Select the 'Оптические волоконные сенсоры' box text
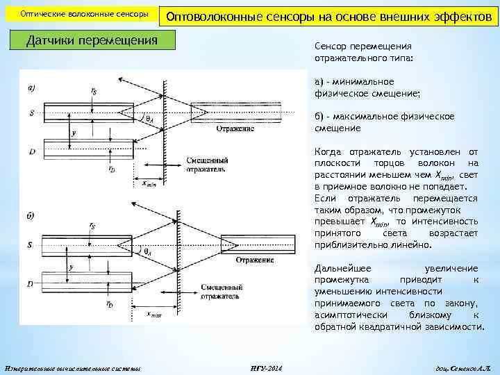[x=84, y=15]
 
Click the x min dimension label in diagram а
[x=151, y=184]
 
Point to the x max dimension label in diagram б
[x=153, y=314]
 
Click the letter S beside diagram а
[x=32, y=111]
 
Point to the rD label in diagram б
[x=110, y=304]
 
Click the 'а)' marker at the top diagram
[x=33, y=87]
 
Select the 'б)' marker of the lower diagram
[x=31, y=216]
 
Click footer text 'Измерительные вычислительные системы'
[x=72, y=367]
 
